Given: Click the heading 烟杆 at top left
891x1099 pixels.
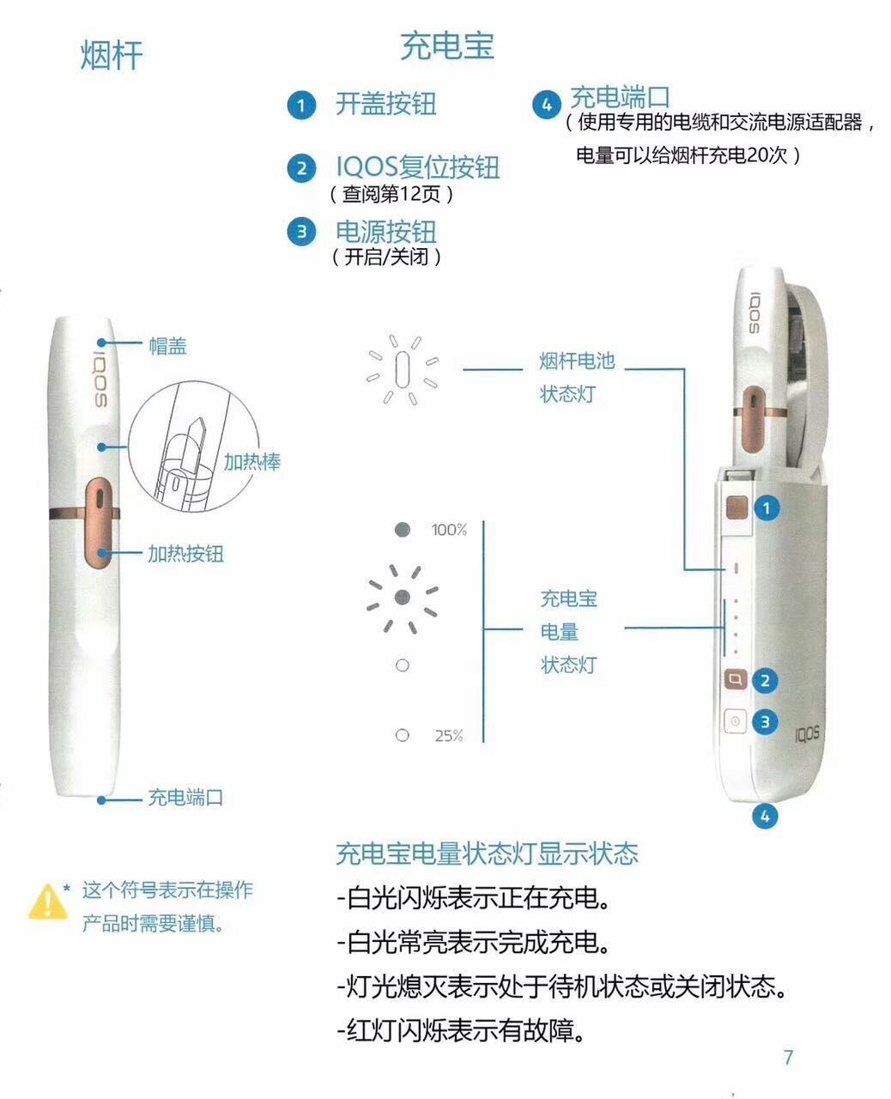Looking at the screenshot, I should tap(112, 56).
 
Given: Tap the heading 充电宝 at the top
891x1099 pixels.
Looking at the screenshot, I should tap(447, 46).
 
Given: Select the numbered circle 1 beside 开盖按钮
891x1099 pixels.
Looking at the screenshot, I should tap(301, 106).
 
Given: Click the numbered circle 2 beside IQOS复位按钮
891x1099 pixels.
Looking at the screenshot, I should tap(301, 167).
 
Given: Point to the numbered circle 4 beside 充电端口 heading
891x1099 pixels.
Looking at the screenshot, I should tap(547, 105).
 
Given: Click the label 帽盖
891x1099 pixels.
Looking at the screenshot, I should tap(167, 346).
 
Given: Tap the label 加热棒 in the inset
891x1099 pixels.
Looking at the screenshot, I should tap(252, 462).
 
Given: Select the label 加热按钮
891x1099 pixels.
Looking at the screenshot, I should tap(185, 554).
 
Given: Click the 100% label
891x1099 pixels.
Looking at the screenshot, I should tap(449, 530).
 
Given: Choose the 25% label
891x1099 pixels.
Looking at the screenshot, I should tap(448, 736).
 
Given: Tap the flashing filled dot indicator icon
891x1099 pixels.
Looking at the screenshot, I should tap(403, 597).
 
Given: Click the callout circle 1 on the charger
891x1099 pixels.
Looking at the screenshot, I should tap(766, 508).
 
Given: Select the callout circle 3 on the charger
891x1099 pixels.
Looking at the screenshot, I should tap(766, 722).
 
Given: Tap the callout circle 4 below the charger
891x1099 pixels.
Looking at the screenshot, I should tap(765, 815).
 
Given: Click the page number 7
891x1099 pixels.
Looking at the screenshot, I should tap(788, 1058).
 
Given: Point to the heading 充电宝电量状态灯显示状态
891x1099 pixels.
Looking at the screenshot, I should tap(487, 853).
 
